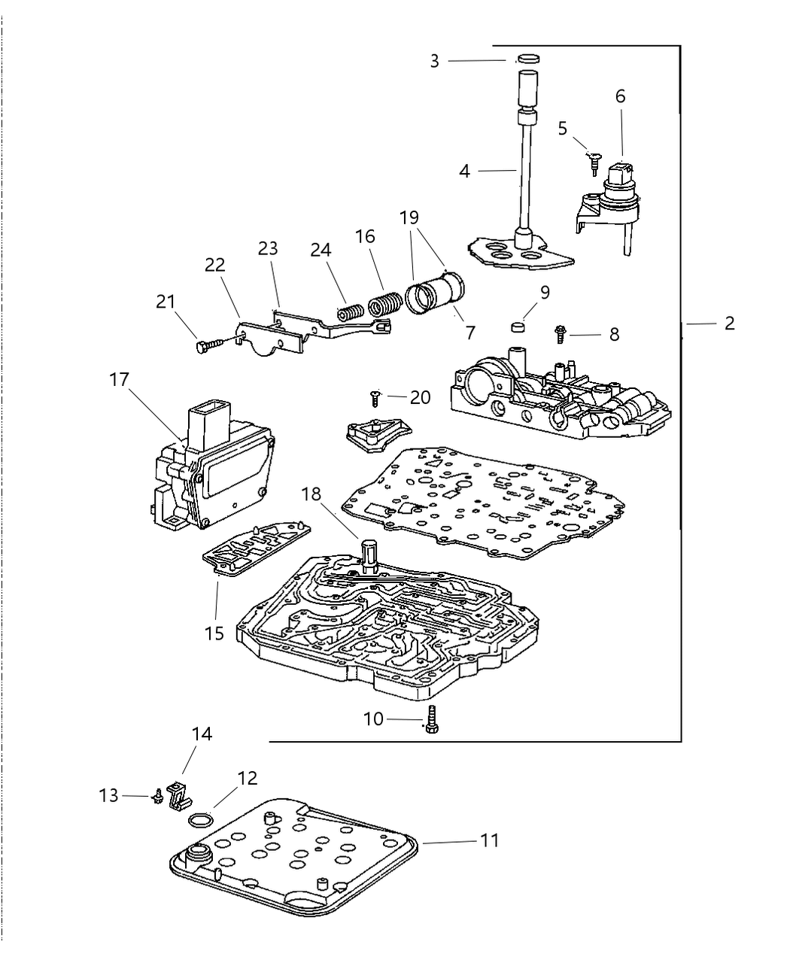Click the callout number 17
point(119,380)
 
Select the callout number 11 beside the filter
point(490,840)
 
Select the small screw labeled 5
point(594,160)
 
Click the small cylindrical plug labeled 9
point(517,327)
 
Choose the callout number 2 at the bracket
point(729,324)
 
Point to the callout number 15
point(214,633)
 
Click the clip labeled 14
point(178,795)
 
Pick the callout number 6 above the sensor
point(620,96)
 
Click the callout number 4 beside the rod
point(465,172)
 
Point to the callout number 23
point(268,248)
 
